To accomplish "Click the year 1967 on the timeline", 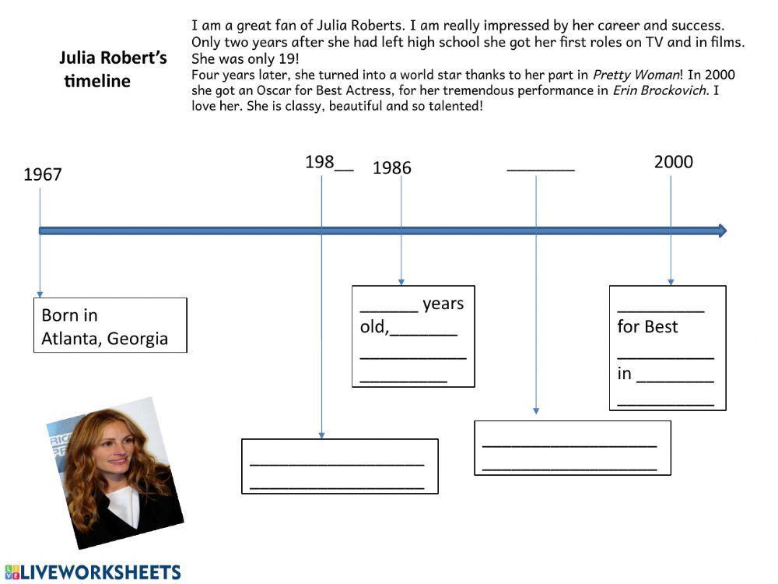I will (42, 174).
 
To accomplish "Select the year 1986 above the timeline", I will (392, 167).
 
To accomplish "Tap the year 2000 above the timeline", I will (673, 162).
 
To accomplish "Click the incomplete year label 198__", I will (328, 162).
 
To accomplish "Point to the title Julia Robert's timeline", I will (113, 69).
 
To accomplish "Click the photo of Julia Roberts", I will (115, 472).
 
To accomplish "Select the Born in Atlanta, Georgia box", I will (110, 325).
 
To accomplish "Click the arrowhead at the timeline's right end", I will (722, 230).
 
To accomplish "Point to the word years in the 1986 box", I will (443, 304).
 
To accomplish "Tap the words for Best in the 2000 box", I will (647, 327).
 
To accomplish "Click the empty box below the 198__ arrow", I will (339, 466).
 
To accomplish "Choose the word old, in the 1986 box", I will (373, 327).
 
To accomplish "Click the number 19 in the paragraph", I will (288, 59).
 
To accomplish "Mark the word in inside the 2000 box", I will (624, 374).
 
